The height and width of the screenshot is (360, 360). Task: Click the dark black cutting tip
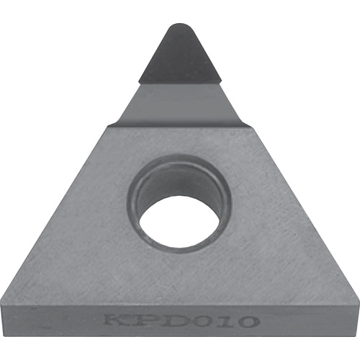pos(179,58)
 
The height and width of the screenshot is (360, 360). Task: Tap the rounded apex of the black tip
pos(179,28)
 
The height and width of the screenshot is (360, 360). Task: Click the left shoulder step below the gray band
pos(110,126)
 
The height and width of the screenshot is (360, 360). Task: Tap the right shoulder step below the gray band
pos(250,127)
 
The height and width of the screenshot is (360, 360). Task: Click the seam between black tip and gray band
pos(179,83)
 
